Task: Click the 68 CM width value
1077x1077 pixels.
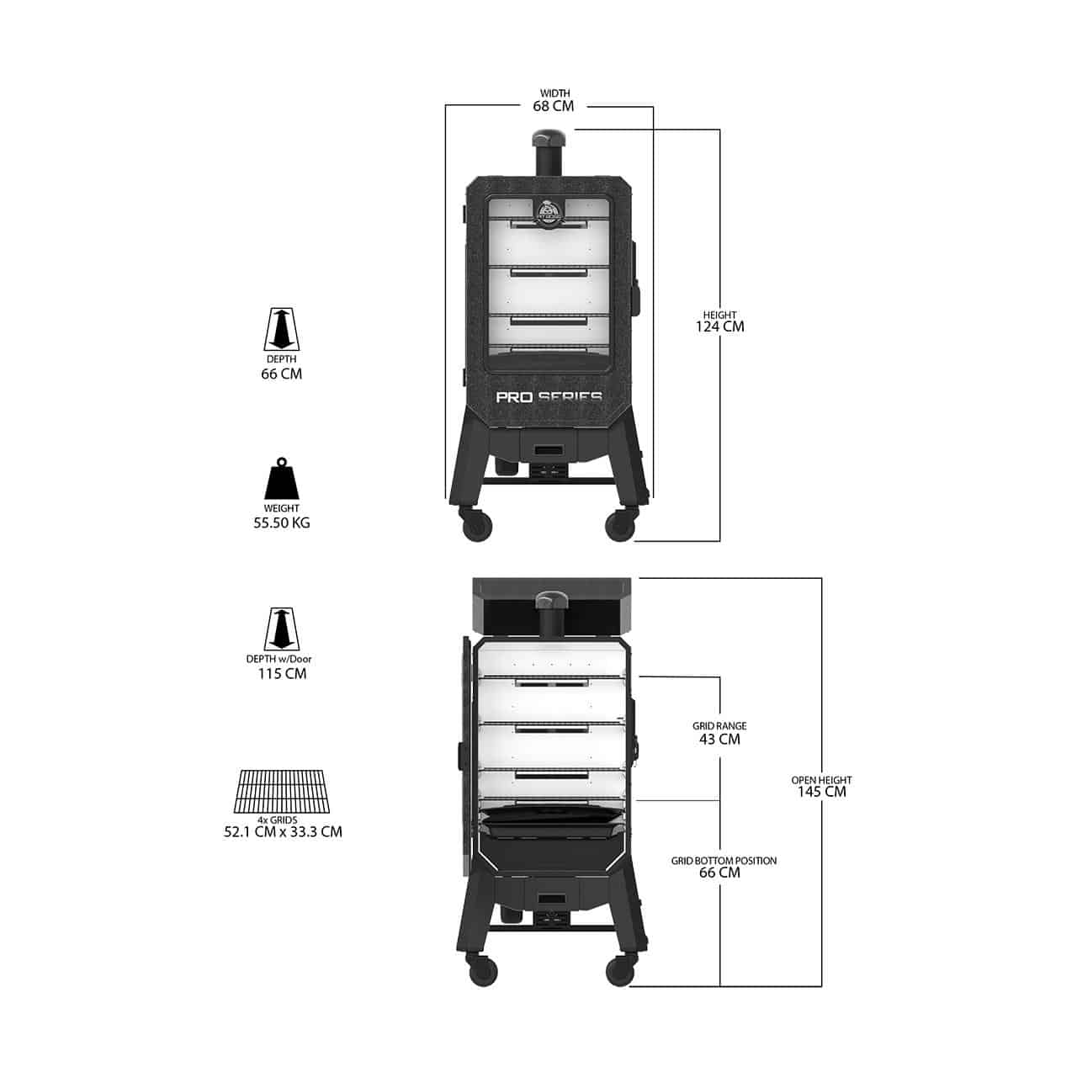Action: click(553, 106)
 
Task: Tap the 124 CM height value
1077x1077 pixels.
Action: click(719, 326)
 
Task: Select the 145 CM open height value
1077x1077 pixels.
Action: click(821, 792)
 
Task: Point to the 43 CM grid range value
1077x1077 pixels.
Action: click(719, 739)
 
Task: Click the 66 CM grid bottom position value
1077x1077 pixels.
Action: click(719, 873)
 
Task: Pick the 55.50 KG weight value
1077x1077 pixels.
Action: click(281, 523)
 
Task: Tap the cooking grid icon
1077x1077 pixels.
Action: click(281, 792)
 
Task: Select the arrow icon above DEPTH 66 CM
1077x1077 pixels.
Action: click(281, 329)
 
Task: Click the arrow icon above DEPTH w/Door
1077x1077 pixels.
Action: click(281, 629)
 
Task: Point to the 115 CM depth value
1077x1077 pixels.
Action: click(282, 673)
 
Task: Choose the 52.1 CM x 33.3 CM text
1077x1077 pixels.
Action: click(283, 831)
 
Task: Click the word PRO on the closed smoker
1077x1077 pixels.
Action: click(513, 397)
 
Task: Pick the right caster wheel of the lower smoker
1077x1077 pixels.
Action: click(620, 970)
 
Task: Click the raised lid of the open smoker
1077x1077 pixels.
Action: click(552, 607)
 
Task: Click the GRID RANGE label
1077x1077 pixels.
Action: click(719, 726)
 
